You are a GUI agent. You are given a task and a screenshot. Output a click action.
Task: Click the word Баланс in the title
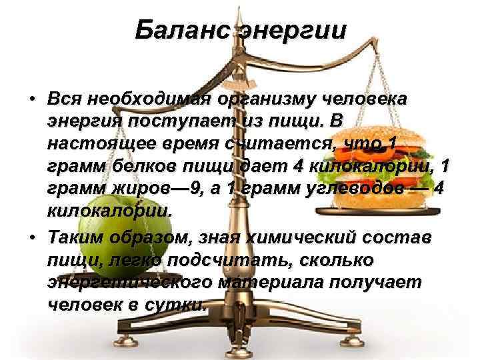(x=181, y=30)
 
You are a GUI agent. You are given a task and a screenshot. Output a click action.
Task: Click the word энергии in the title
(x=291, y=31)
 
